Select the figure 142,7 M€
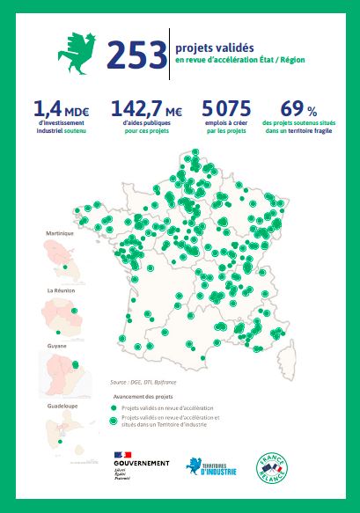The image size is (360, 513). click(x=146, y=109)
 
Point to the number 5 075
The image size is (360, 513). click(x=226, y=109)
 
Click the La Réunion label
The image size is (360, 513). click(x=61, y=290)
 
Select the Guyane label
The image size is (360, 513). click(x=58, y=347)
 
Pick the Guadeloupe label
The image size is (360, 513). click(x=61, y=406)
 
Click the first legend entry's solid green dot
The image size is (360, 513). click(x=113, y=409)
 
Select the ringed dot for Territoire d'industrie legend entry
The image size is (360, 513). click(x=113, y=421)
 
